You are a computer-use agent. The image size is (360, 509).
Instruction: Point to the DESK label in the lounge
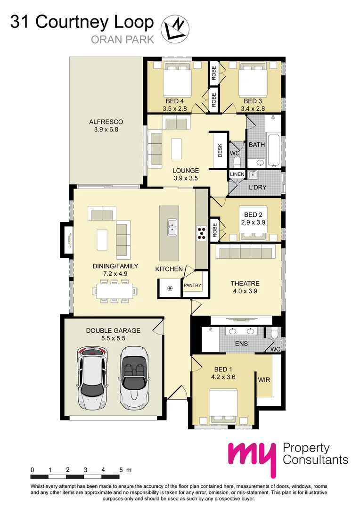tap(220, 150)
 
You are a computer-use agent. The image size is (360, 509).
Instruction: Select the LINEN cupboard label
tap(237, 174)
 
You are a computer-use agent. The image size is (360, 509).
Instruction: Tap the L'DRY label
tap(257, 187)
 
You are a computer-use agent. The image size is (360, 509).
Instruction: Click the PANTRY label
tap(192, 285)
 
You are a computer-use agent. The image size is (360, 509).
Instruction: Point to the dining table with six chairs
tap(113, 290)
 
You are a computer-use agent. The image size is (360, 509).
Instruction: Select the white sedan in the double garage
tap(92, 372)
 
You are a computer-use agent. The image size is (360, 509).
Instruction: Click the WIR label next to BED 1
tap(263, 379)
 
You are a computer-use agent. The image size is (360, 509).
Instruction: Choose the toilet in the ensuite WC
tap(275, 333)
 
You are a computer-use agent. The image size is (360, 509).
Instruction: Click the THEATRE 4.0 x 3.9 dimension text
tap(245, 291)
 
